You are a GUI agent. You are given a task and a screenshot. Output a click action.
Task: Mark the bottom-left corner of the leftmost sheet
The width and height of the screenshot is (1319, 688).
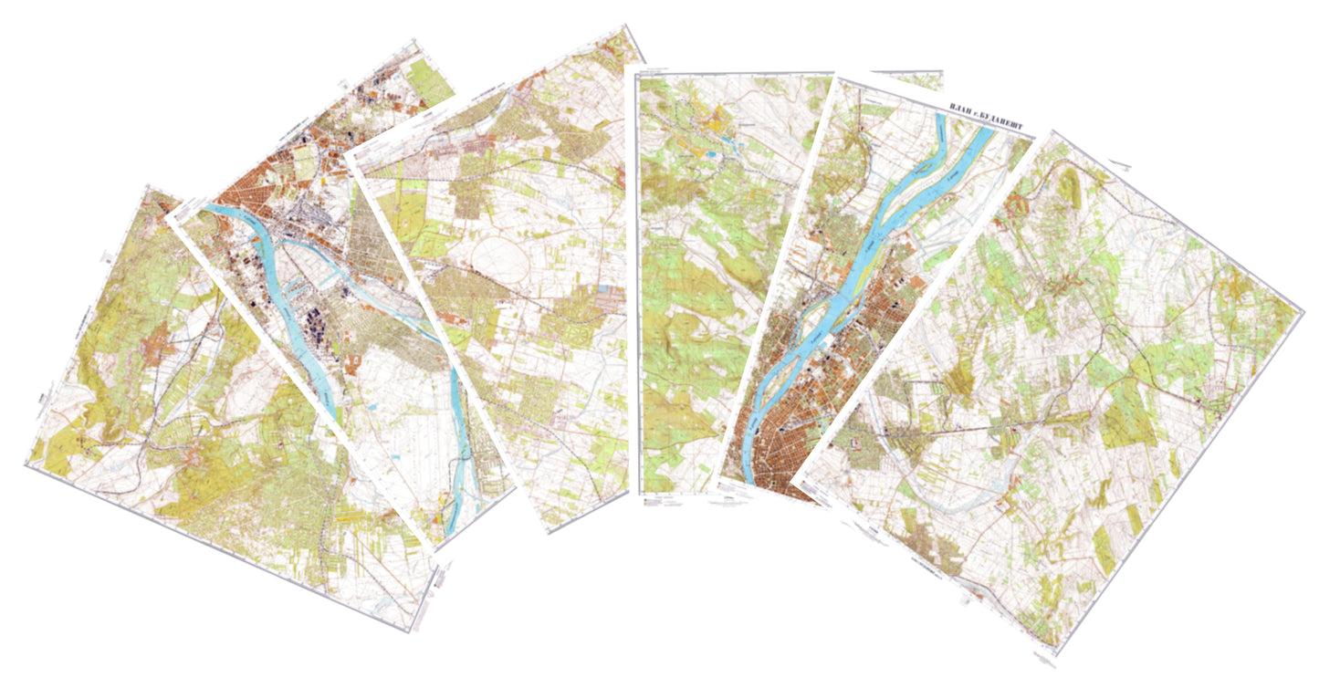click(x=26, y=465)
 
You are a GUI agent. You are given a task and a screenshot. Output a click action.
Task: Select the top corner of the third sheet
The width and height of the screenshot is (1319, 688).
click(x=627, y=27)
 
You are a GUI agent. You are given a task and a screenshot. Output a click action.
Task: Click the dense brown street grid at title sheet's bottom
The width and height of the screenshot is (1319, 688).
click(x=785, y=447)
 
